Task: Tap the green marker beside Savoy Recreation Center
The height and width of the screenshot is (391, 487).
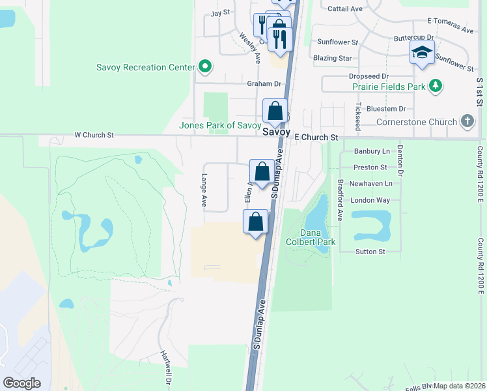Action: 205,66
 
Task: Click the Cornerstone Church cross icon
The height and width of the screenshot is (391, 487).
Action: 467,121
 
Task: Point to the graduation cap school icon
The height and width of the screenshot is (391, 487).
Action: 422,52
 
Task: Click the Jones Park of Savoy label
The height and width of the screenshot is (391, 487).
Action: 220,125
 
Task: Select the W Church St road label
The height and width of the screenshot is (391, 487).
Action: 94,136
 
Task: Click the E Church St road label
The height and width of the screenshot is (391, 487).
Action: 316,138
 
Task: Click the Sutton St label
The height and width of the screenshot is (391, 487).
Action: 370,252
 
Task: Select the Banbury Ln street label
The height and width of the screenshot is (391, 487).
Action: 371,151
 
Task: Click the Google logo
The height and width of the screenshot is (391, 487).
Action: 21,383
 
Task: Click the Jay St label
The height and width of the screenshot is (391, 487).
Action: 221,12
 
